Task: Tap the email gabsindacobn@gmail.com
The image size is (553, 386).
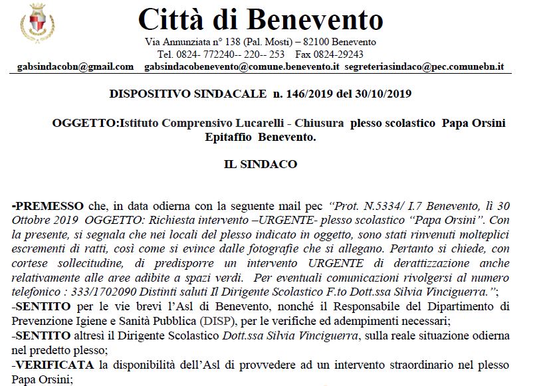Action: (74, 67)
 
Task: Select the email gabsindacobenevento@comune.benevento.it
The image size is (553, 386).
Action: (242, 67)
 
